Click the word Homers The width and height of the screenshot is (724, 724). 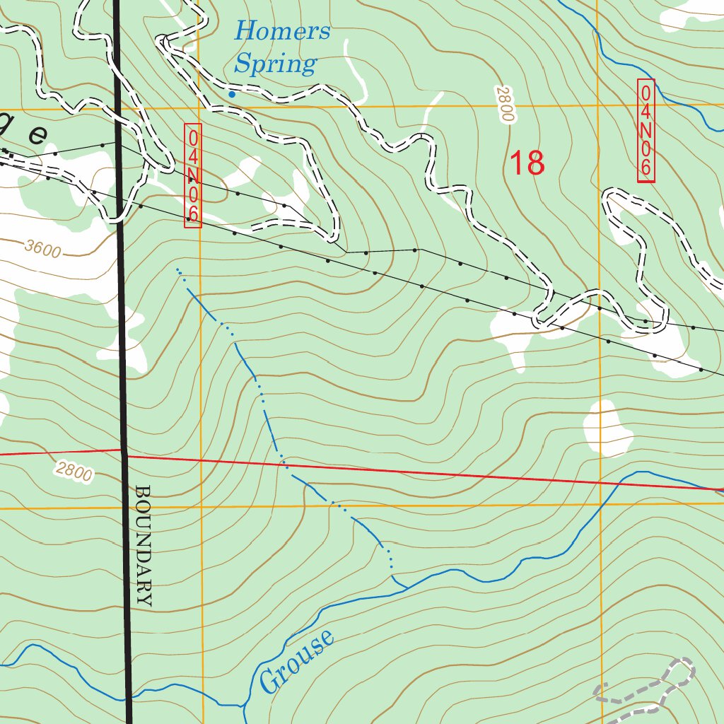(281, 32)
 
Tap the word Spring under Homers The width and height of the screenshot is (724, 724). (274, 64)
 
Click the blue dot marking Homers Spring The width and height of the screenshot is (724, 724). (231, 94)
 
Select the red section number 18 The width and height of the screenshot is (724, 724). (527, 163)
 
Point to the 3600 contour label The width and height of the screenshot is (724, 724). (42, 247)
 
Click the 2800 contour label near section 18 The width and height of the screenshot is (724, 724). (503, 105)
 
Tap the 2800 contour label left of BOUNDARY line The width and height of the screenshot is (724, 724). (73, 470)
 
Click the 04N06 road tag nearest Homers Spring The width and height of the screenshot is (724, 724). (193, 175)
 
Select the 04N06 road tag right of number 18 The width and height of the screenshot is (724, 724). (646, 131)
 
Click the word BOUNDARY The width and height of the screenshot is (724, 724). (143, 545)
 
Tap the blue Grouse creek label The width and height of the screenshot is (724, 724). (297, 661)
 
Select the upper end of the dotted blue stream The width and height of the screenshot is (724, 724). (177, 269)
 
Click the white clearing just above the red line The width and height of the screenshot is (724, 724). (607, 428)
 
